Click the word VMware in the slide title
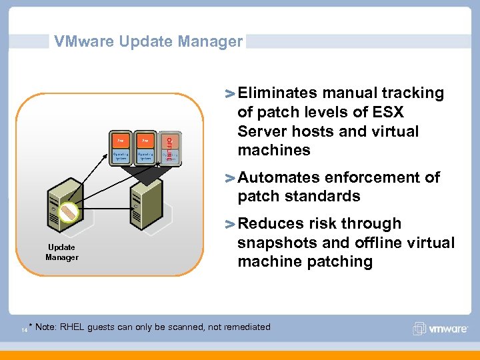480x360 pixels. [x=83, y=41]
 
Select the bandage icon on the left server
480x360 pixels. [x=69, y=211]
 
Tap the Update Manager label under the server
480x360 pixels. [x=62, y=252]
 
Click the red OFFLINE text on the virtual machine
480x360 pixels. [x=169, y=148]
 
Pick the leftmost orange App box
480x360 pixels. [x=121, y=141]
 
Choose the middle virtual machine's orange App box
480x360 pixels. [x=145, y=141]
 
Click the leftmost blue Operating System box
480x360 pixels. [x=121, y=157]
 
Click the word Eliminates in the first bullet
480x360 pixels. [x=277, y=93]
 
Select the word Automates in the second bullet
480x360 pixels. [x=278, y=177]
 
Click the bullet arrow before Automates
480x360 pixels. [x=230, y=178]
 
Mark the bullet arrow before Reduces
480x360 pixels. [x=230, y=224]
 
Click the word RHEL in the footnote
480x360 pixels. [x=73, y=327]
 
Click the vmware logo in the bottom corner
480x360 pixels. [x=441, y=329]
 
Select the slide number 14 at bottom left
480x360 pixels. [x=24, y=329]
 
